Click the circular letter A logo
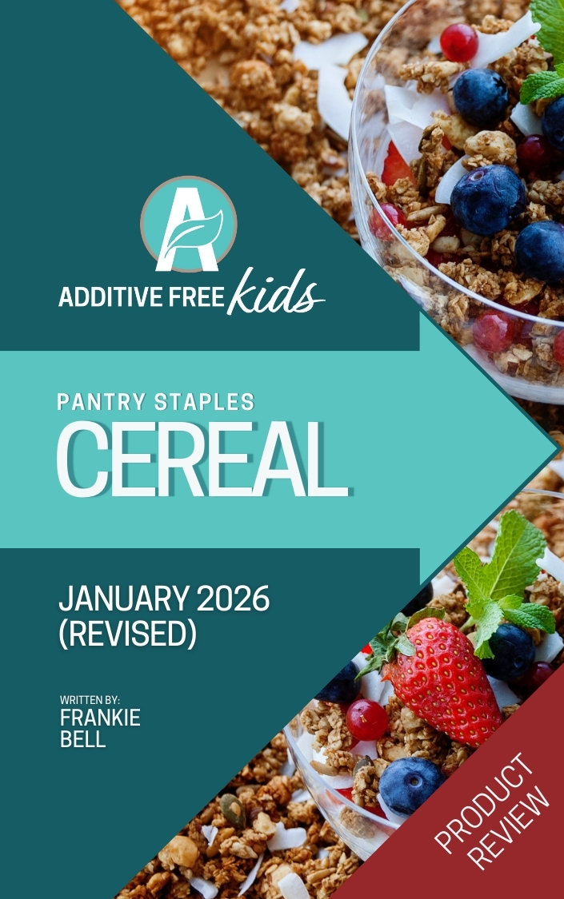[188, 225]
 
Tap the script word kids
[275, 291]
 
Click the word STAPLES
[204, 402]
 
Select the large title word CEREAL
[202, 459]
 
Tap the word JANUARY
[123, 599]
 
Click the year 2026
[232, 599]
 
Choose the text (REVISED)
[127, 634]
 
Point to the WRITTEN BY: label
[90, 700]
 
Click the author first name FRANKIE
[101, 718]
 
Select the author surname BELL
[83, 739]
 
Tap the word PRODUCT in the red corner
[481, 803]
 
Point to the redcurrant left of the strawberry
[366, 719]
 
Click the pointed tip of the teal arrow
[559, 449]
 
